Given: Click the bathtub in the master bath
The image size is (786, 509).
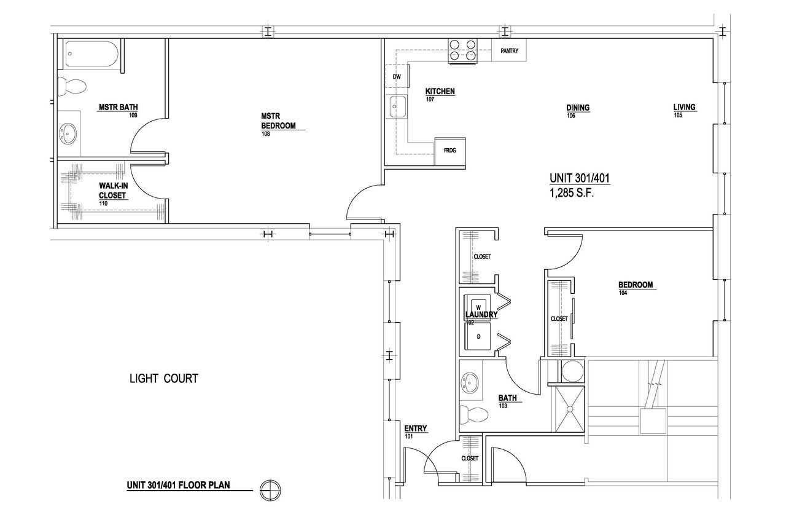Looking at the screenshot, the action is click(x=92, y=54).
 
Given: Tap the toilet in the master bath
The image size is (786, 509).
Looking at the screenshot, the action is click(x=72, y=86).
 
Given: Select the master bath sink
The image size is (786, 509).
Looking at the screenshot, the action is click(x=68, y=133).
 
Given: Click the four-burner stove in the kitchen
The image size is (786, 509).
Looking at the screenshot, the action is click(x=463, y=51).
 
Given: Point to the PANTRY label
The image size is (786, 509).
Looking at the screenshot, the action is click(x=509, y=51).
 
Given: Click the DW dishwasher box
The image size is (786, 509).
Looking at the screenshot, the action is click(x=397, y=76).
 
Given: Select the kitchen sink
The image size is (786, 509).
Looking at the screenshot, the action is click(x=397, y=106).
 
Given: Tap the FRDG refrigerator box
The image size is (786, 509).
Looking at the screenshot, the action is click(x=450, y=151).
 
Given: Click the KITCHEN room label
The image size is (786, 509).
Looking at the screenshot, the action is click(x=440, y=92).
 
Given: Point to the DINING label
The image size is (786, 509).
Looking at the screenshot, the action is click(x=578, y=108).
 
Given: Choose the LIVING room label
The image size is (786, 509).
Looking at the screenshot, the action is click(x=684, y=107).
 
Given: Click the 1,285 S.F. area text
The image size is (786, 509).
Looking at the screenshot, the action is click(x=572, y=193).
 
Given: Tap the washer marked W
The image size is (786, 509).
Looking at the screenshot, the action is click(x=478, y=307).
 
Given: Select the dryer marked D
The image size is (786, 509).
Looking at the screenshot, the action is click(x=478, y=336).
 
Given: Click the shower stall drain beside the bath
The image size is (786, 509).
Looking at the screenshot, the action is click(x=570, y=409).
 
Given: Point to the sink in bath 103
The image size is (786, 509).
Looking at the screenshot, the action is click(x=470, y=383).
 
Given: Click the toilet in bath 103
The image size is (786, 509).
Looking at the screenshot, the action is click(x=473, y=415).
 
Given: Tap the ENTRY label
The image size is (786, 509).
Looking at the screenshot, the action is click(x=416, y=428).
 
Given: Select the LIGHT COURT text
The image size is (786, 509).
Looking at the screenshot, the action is click(x=164, y=378).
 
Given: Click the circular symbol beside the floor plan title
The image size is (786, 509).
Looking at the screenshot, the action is click(x=270, y=489).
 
